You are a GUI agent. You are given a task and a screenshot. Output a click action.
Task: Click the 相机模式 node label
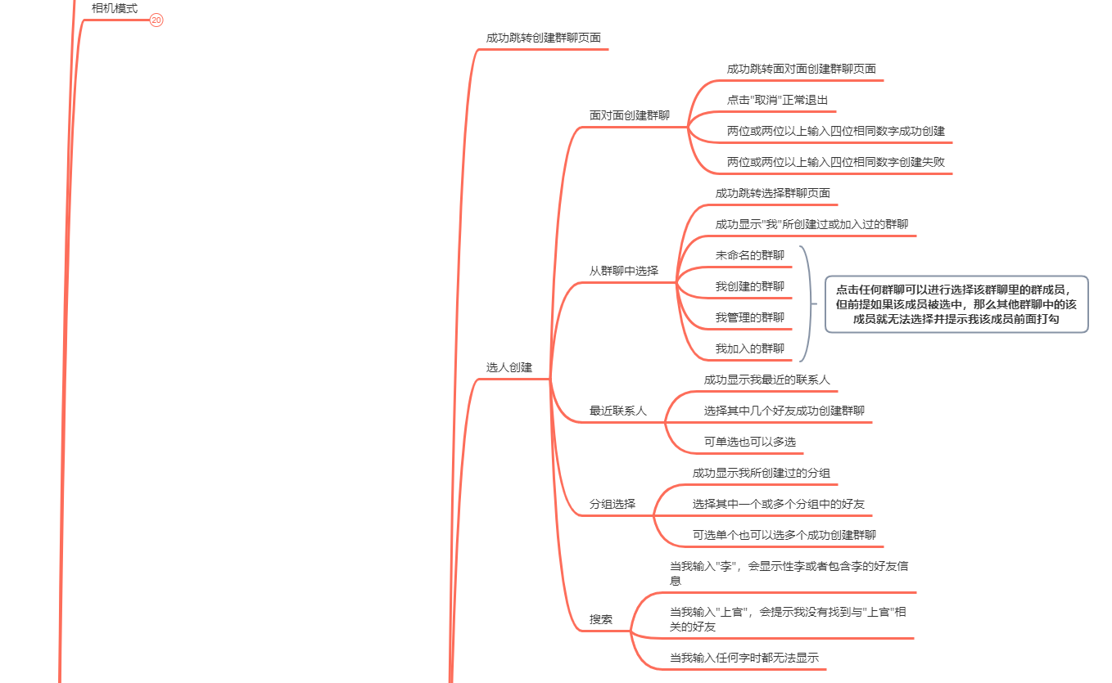tap(115, 9)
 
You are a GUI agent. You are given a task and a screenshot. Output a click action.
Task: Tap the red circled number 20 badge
tap(157, 20)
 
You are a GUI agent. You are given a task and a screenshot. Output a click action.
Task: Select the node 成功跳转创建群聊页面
tap(543, 38)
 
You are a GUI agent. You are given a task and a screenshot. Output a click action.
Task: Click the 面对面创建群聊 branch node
tap(629, 115)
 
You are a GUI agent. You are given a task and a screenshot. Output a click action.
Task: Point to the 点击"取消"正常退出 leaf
tap(777, 100)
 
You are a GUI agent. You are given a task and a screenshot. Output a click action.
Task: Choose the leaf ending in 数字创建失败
tap(835, 162)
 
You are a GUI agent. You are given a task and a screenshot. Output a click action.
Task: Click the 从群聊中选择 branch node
tap(623, 271)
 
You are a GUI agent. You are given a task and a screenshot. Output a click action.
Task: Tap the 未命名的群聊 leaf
tap(749, 255)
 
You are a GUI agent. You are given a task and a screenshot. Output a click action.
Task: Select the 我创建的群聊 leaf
tap(749, 286)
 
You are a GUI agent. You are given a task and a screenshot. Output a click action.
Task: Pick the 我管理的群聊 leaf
tap(749, 317)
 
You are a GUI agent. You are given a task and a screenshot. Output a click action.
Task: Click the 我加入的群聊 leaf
tap(749, 348)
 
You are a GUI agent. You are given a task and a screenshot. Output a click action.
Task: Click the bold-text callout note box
tap(956, 304)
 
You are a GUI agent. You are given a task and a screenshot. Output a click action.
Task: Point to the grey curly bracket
tap(807, 303)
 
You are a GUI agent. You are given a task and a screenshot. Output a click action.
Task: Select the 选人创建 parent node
tap(509, 368)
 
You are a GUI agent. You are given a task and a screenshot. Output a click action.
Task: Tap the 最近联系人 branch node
tap(617, 411)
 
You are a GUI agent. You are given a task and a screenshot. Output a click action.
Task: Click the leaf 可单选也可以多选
tap(749, 442)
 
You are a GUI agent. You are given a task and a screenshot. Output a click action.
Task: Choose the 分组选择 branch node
tap(612, 504)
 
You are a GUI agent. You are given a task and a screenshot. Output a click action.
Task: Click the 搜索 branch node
tap(600, 619)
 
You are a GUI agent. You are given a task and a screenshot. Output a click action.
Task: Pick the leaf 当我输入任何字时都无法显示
tap(744, 658)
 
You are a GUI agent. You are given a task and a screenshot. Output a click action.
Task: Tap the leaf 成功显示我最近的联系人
tap(766, 380)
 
